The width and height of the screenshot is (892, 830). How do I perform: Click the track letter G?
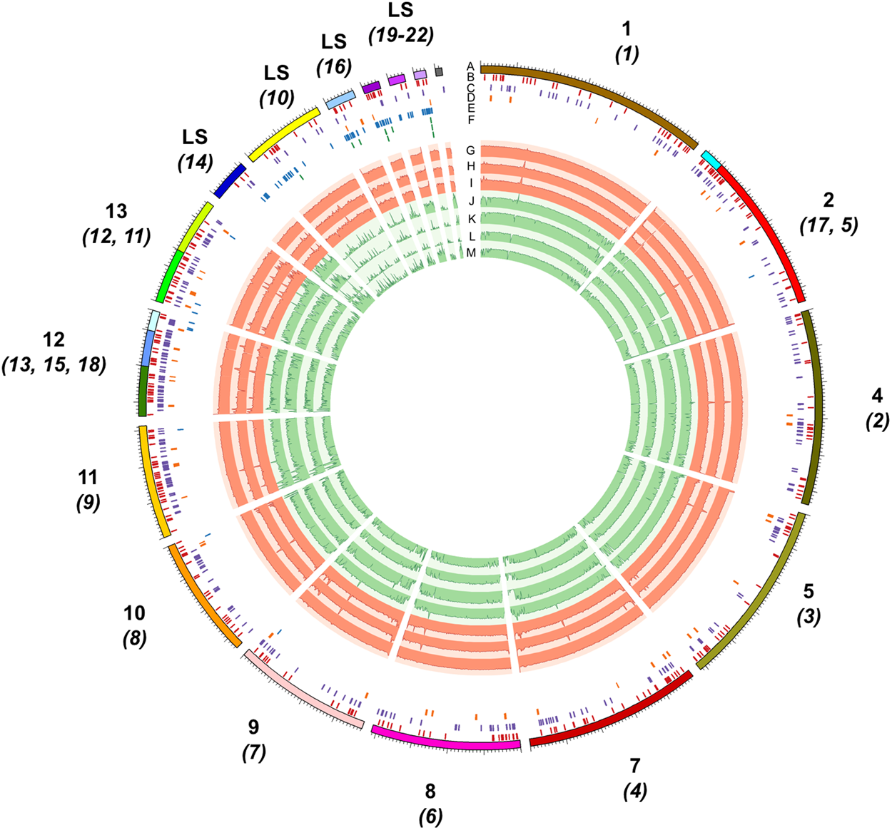470,150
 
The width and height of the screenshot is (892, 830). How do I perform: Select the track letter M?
470,253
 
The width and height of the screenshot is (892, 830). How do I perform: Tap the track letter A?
470,66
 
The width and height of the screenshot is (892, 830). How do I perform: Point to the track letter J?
471,201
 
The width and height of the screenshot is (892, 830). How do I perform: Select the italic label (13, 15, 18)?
54,365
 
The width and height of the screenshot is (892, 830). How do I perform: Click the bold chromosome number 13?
116,211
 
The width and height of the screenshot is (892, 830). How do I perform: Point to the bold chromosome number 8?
430,791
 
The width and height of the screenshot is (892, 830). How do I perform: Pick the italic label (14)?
195,163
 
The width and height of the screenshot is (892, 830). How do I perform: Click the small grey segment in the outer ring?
439,71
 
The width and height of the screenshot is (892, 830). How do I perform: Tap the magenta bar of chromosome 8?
445,742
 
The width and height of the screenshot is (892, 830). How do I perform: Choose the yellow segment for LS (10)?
283,133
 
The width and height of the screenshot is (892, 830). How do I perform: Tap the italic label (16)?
334,67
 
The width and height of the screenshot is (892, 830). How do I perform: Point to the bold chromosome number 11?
88,477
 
